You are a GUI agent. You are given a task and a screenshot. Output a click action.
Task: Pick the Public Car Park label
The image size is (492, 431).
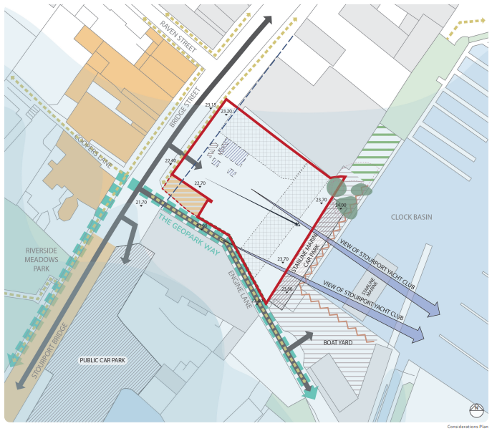tap(102, 360)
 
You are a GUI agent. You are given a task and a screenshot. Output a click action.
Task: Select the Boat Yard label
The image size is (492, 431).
tap(338, 343)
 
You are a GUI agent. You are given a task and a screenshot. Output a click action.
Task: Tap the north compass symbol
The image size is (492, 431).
tap(476, 410)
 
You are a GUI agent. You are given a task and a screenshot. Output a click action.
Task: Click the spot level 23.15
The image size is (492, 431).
tap(210, 105)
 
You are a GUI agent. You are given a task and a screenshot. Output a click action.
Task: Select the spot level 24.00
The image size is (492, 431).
tap(340, 205)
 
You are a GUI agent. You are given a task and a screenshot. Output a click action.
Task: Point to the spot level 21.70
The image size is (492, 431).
tap(141, 203)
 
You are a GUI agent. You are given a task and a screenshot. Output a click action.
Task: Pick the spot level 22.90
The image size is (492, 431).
tap(170, 160)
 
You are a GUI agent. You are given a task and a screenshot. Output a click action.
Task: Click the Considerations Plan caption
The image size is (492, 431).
tap(468, 426)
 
